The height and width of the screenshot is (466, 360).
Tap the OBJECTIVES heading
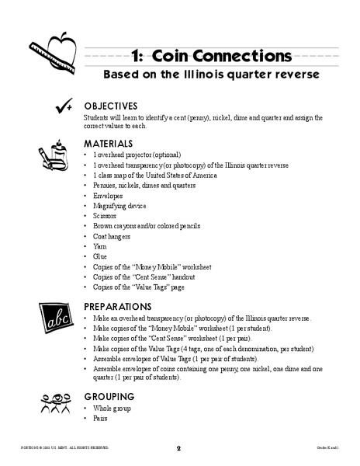point(111,106)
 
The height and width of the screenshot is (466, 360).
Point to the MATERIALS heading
point(109,144)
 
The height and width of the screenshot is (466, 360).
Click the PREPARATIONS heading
point(119,306)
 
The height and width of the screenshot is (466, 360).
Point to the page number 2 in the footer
point(178,448)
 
